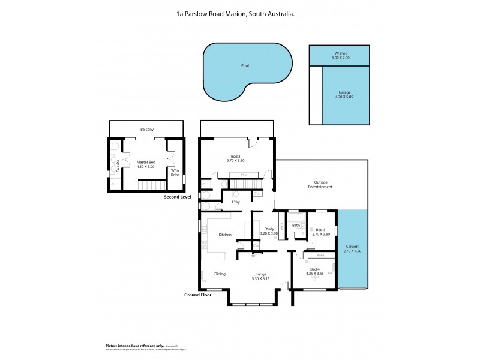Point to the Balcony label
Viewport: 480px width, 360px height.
147,129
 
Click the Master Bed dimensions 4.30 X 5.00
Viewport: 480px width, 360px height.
145,166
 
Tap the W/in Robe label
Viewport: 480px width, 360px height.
175,172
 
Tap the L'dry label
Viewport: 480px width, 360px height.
236,202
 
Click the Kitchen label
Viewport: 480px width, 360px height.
225,235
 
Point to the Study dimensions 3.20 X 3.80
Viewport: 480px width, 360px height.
269,233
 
